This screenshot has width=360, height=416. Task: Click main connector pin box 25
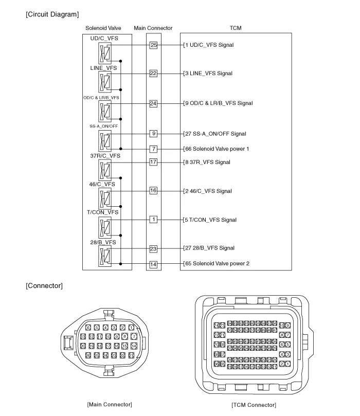click(153, 45)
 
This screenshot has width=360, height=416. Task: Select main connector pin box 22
click(153, 74)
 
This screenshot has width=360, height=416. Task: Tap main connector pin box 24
click(153, 103)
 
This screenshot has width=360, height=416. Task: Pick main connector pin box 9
click(153, 134)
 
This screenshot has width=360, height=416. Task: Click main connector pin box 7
click(153, 149)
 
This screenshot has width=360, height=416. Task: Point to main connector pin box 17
click(153, 162)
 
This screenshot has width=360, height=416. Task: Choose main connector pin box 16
click(153, 191)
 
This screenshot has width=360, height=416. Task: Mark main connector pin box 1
click(153, 220)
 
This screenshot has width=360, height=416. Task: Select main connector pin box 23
click(153, 248)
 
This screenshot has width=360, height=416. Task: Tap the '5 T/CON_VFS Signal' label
click(210, 220)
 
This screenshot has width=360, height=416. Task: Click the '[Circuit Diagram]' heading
click(52, 13)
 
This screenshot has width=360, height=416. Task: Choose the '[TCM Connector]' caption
click(254, 405)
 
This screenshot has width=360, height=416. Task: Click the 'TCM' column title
click(236, 28)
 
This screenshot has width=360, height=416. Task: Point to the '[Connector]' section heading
click(44, 286)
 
